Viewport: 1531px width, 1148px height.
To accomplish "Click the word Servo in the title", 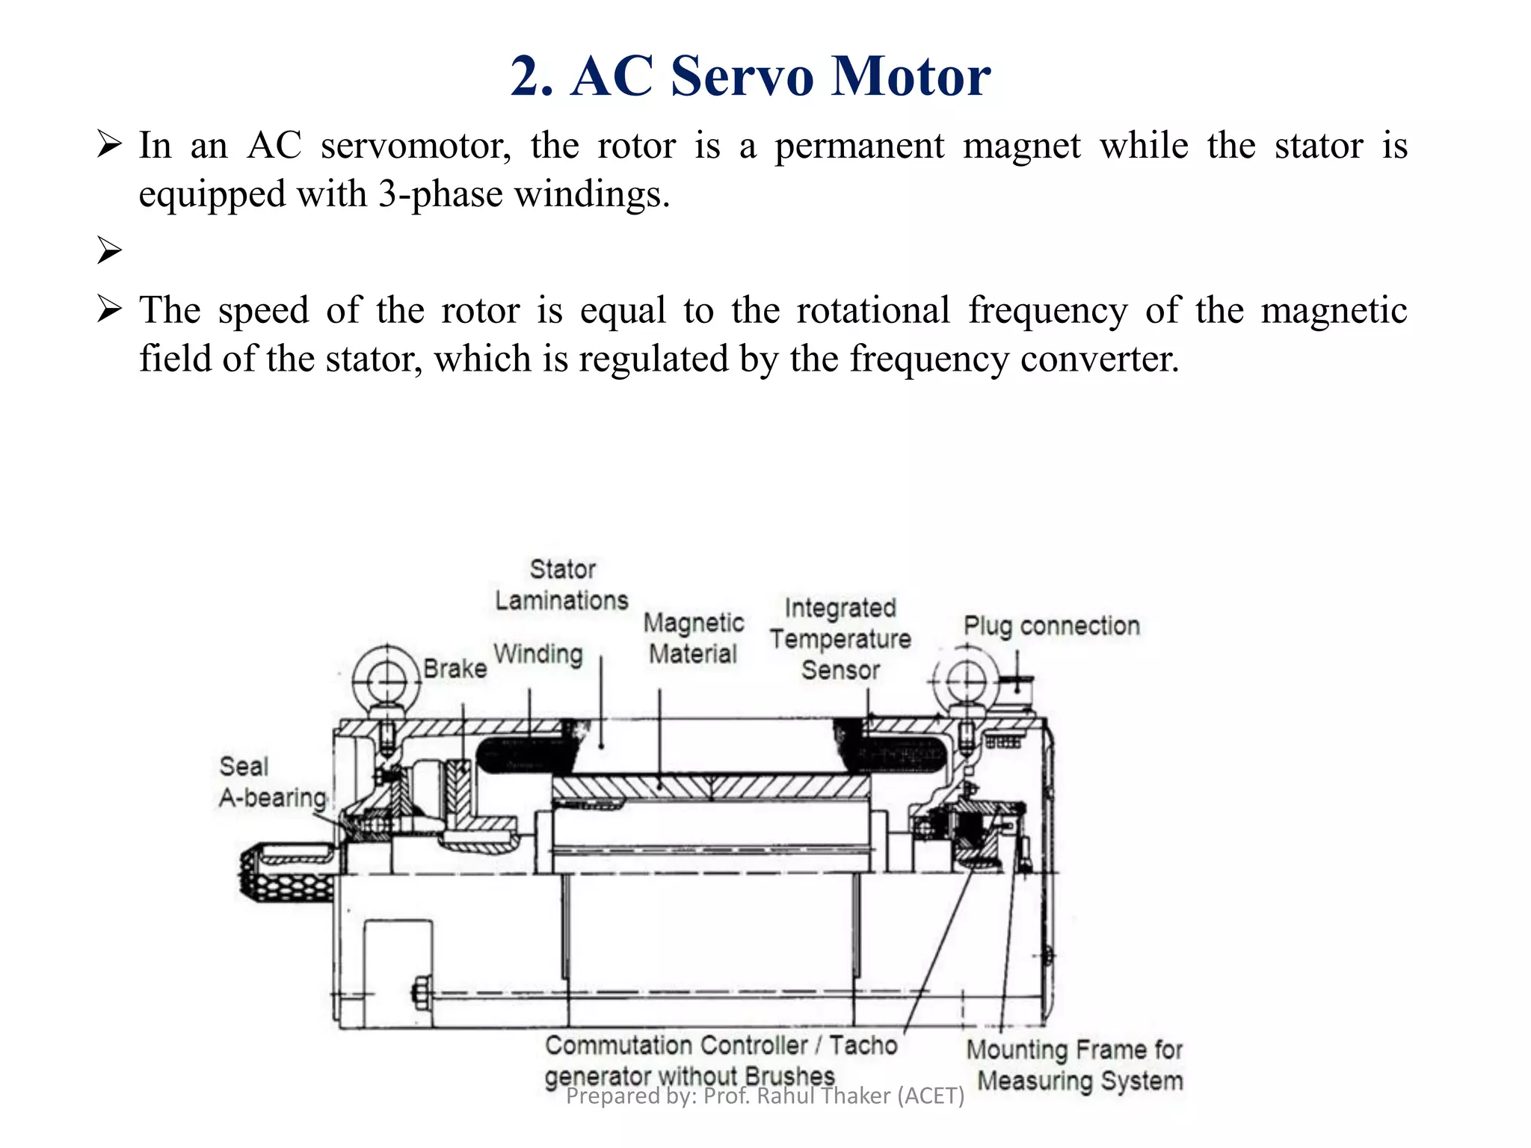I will [x=741, y=76].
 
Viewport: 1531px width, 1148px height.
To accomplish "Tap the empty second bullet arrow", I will [x=109, y=250].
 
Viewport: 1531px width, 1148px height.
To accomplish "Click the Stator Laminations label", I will [x=561, y=585].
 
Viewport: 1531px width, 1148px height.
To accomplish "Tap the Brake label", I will [x=455, y=668].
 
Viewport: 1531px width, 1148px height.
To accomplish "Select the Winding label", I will [x=537, y=654].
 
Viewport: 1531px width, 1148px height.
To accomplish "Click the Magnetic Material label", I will [x=693, y=638].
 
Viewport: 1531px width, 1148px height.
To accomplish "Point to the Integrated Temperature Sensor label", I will [x=840, y=639].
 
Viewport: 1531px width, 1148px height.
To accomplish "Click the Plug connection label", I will [x=1051, y=626].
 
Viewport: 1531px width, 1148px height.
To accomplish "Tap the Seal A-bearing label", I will [x=272, y=783].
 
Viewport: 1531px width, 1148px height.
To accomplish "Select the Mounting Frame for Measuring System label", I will [x=1075, y=1065].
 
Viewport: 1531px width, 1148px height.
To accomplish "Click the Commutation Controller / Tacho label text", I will [x=721, y=1046].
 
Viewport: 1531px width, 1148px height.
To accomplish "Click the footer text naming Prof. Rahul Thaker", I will [x=765, y=1096].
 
